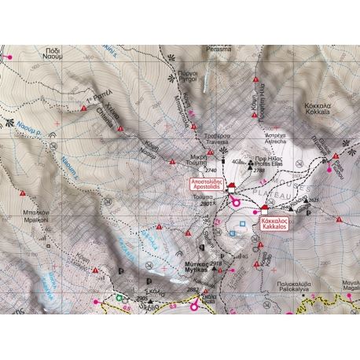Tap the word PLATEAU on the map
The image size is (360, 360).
[x=283, y=194]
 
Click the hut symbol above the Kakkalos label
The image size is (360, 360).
[x=266, y=211]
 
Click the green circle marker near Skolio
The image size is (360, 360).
[x=120, y=298]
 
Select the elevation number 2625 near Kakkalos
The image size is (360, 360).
[x=314, y=201]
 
